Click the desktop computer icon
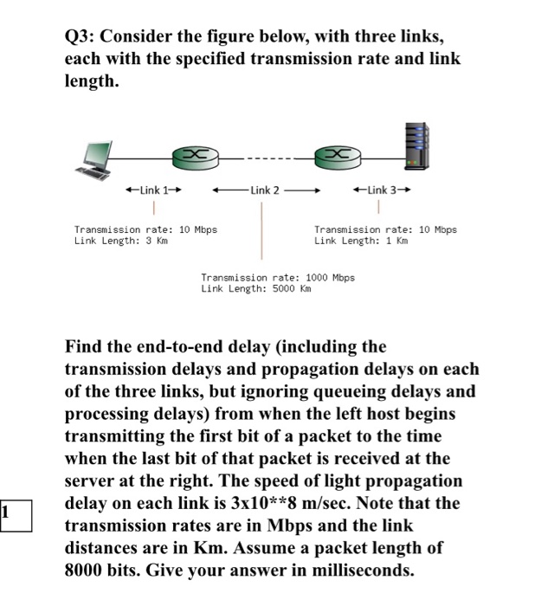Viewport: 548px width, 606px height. pos(94,157)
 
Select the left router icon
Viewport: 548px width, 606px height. pos(196,156)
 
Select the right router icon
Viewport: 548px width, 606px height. pos(338,156)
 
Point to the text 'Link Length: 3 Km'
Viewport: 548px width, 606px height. pos(120,241)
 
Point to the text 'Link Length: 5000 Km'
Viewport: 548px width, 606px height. pos(255,288)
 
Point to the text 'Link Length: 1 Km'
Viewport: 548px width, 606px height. pos(360,241)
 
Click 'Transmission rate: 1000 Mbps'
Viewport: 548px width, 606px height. pos(278,278)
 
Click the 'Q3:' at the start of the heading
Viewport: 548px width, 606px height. pos(83,37)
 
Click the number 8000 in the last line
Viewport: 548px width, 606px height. pos(87,571)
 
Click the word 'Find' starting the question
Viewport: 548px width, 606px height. pos(85,347)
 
